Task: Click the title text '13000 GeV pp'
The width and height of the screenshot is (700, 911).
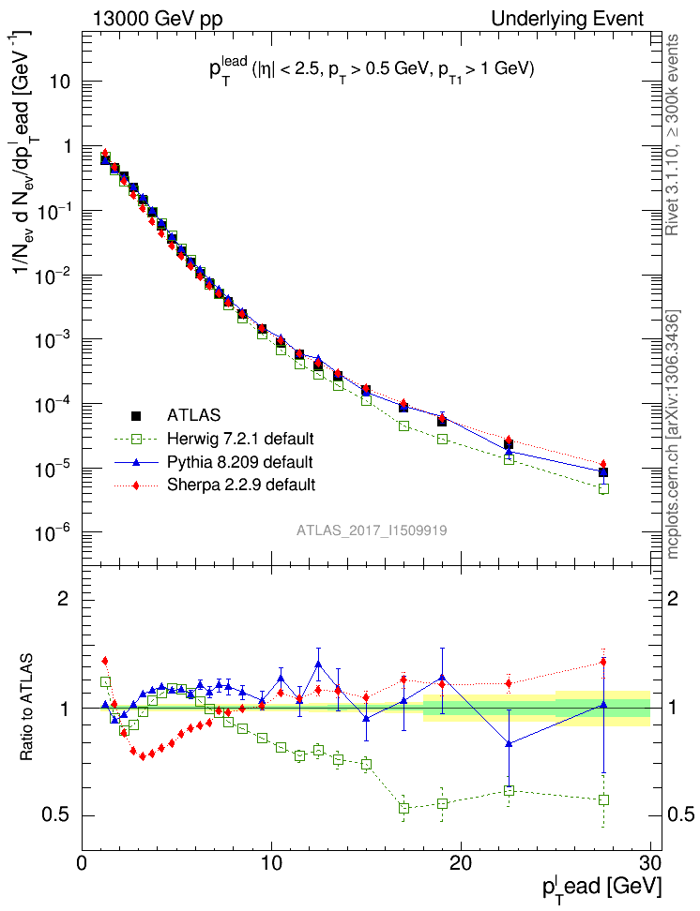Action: pyautogui.click(x=159, y=19)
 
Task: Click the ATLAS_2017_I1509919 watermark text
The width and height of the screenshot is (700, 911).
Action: pyautogui.click(x=372, y=530)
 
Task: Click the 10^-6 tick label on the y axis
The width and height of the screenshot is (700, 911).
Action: pyautogui.click(x=53, y=533)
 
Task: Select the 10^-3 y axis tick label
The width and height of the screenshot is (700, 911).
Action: pyautogui.click(x=53, y=340)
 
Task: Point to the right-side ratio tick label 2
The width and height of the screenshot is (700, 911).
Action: pyautogui.click(x=671, y=599)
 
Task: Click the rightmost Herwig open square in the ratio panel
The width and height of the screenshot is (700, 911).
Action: pyautogui.click(x=603, y=799)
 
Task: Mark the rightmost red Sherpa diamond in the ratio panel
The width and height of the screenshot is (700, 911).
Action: pyautogui.click(x=603, y=662)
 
